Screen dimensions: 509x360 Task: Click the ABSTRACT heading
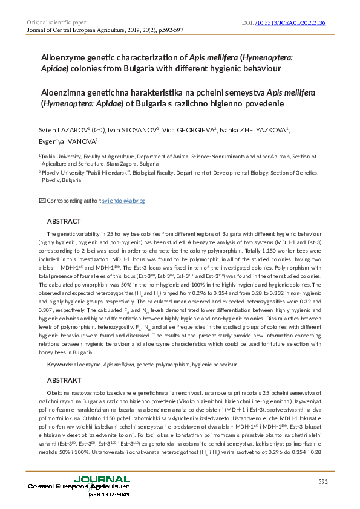(64, 221)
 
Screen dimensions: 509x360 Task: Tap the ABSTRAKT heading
(64, 380)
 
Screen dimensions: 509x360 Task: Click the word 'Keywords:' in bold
(60, 365)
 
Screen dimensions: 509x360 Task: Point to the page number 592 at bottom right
(323, 481)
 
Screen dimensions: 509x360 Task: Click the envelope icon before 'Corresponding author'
(42, 200)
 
